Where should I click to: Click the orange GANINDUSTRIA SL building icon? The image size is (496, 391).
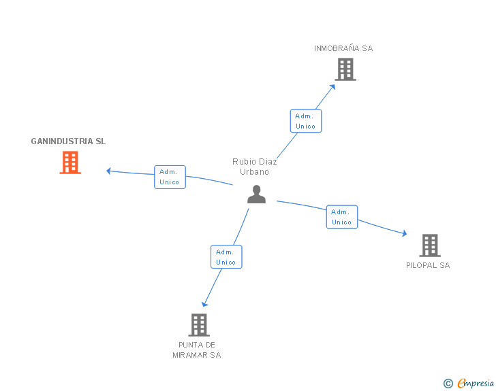click(x=70, y=163)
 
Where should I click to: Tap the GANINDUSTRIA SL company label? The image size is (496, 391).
click(x=68, y=141)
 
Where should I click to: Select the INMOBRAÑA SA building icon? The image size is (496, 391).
click(x=345, y=69)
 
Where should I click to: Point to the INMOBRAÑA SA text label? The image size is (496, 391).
click(x=343, y=48)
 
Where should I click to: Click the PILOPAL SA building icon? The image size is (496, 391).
click(x=429, y=245)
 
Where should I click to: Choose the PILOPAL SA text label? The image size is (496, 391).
click(x=428, y=265)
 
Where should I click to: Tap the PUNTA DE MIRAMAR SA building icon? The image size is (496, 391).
click(x=198, y=324)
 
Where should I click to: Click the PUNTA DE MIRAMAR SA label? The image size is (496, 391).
click(x=197, y=350)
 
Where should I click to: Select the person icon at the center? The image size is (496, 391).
click(x=256, y=194)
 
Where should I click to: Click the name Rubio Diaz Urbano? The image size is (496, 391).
click(x=255, y=167)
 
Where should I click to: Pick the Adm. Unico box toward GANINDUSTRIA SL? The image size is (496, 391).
click(x=170, y=177)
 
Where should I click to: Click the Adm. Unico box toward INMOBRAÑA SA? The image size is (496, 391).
click(x=305, y=121)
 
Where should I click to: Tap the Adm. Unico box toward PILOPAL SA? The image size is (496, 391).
click(x=342, y=217)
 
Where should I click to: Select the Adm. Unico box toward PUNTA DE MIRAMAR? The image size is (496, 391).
click(x=226, y=257)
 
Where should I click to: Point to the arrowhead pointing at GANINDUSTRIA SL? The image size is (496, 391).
click(x=108, y=171)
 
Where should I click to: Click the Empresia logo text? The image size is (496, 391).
click(x=476, y=383)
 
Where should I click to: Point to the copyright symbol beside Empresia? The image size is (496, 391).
click(x=448, y=384)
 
